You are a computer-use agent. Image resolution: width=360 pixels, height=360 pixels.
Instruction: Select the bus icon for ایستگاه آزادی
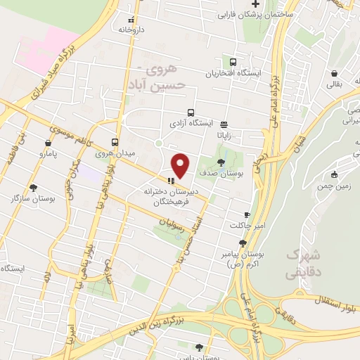point(191,112)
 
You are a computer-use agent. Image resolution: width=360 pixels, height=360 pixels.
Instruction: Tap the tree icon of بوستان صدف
point(221,162)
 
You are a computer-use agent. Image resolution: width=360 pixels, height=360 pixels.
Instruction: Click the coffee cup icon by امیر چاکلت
point(247,214)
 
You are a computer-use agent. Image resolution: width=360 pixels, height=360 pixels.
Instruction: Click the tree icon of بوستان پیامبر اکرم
point(243,243)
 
